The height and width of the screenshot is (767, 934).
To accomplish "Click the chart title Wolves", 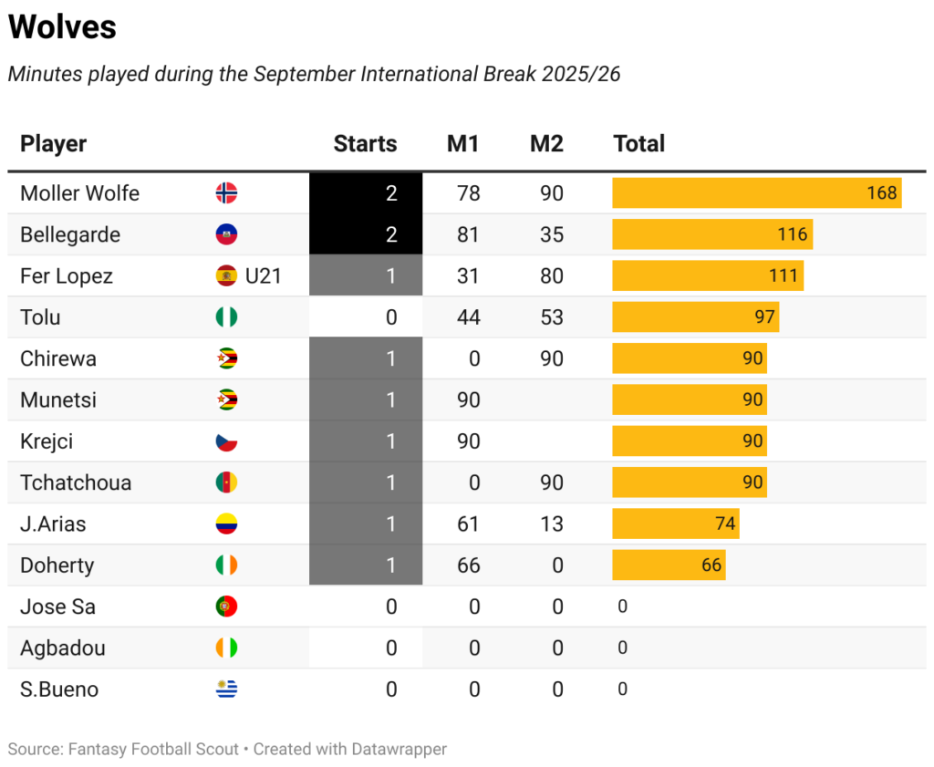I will [x=62, y=27].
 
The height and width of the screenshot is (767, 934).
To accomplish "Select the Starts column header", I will [x=365, y=144].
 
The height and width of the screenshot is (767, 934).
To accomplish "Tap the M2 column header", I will [x=546, y=144].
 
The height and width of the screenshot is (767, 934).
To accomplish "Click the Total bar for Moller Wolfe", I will [x=756, y=193].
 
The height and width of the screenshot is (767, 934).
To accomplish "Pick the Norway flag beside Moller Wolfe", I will [x=226, y=193].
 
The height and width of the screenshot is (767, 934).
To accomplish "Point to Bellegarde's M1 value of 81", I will [x=468, y=234].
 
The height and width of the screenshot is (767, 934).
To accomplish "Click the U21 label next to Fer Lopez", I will [x=264, y=276].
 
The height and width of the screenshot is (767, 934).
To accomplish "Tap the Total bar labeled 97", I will [x=695, y=317].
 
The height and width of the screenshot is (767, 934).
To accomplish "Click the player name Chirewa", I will [x=58, y=358].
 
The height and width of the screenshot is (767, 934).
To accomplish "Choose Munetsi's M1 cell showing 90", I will [x=468, y=400].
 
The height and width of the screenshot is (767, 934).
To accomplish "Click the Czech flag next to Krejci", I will [x=226, y=441].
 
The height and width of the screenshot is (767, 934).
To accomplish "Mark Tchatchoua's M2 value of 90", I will [x=551, y=482].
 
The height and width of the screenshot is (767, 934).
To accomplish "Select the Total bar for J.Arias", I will [x=675, y=524].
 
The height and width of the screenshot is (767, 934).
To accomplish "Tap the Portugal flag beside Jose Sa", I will [x=226, y=606].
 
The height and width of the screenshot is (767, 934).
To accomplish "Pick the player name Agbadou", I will [x=63, y=648].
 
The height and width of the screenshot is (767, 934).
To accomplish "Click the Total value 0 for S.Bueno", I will [x=622, y=689].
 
